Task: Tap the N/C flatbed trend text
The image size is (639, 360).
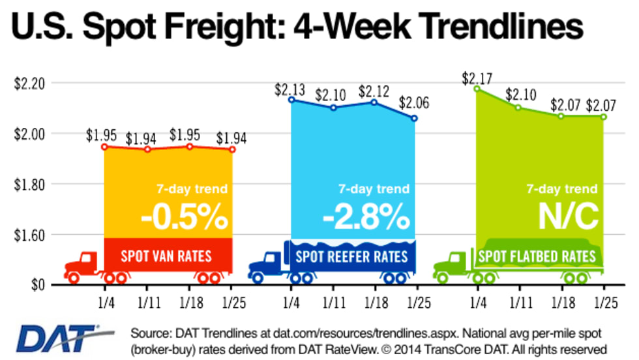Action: tap(568, 218)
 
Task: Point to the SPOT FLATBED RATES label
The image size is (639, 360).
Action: tap(537, 256)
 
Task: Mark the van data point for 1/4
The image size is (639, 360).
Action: tap(104, 147)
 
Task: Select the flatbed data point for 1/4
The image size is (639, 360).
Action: tap(477, 88)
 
